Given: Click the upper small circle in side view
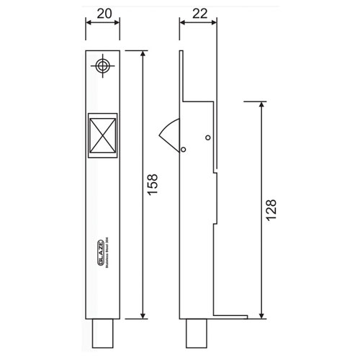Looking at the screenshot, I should (x=207, y=138).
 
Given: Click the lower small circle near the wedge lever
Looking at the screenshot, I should (x=184, y=150).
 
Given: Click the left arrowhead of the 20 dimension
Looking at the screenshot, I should (x=89, y=22).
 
